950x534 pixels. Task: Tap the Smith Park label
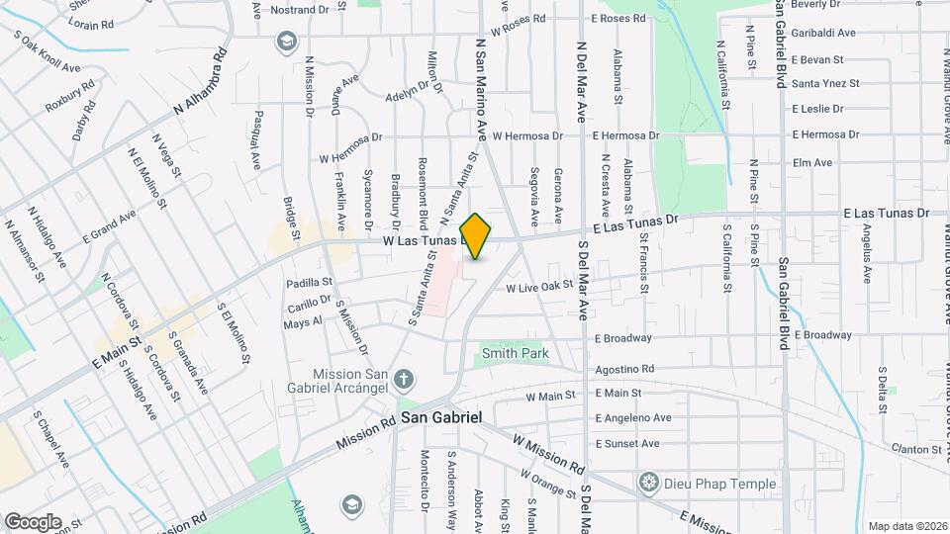(x=515, y=352)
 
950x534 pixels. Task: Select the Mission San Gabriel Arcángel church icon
(x=403, y=378)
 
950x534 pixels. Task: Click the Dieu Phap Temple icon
(x=649, y=484)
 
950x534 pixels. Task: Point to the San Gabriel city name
(x=441, y=418)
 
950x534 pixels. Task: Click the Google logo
(x=33, y=521)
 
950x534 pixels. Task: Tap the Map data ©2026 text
(x=906, y=526)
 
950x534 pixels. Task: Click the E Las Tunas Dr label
(x=887, y=213)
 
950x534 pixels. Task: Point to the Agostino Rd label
(x=624, y=370)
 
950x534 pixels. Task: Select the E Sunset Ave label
(x=626, y=444)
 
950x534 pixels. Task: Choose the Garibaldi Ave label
(x=823, y=33)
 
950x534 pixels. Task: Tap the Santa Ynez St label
(x=826, y=84)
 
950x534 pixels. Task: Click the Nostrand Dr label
(x=299, y=10)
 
